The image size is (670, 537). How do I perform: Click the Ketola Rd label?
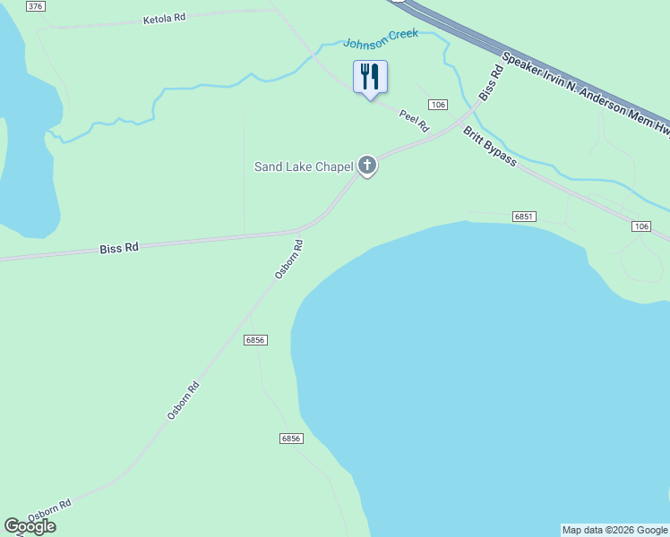click(164, 19)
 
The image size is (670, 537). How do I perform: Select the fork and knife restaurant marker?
click(370, 77)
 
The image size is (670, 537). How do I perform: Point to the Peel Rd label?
click(414, 119)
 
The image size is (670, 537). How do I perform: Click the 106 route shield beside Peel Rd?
click(437, 105)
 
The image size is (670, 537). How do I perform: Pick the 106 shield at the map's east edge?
click(640, 226)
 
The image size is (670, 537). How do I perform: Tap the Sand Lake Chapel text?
click(304, 166)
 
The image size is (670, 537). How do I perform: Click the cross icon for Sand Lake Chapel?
click(366, 165)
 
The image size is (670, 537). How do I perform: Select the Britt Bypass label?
click(489, 146)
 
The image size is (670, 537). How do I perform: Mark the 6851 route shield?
click(524, 217)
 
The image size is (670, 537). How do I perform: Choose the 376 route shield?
click(35, 6)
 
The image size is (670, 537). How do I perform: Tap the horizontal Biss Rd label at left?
click(119, 247)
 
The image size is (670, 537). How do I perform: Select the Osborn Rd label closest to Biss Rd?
click(289, 259)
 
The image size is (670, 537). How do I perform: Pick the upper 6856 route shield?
click(255, 340)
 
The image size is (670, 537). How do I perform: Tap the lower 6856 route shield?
click(291, 439)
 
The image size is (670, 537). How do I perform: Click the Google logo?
click(30, 526)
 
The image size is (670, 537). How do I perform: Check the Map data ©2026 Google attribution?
click(614, 530)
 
